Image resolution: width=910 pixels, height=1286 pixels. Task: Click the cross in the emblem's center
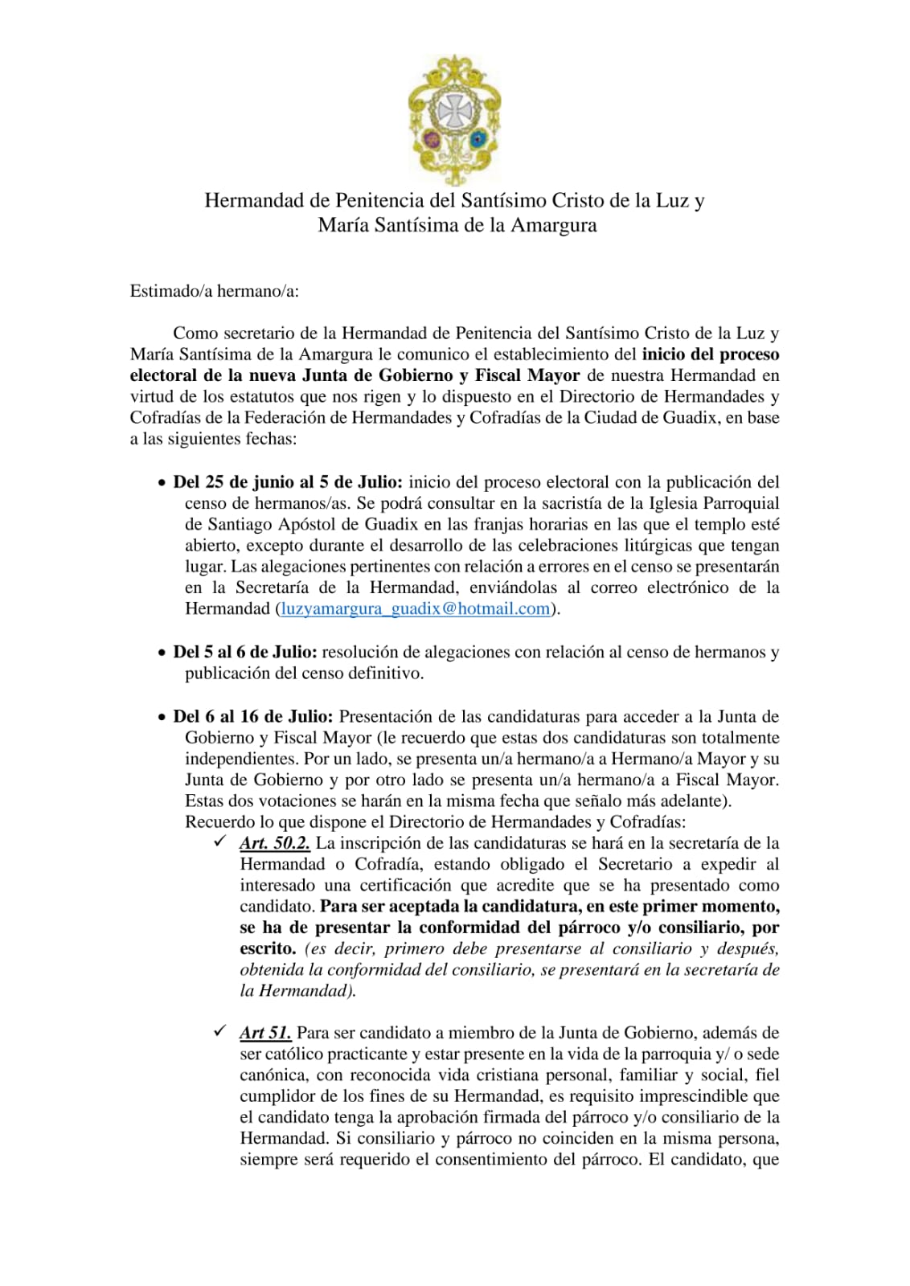[455, 109]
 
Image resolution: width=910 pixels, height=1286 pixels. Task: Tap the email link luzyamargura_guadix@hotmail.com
[415, 608]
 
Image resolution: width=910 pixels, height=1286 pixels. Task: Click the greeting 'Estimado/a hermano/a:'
[214, 291]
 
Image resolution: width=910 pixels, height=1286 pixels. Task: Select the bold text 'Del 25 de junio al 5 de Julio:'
[288, 482]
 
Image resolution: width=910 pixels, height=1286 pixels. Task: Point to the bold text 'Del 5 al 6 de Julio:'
[245, 652]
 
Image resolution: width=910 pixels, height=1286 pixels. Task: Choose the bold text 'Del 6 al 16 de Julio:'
[253, 716]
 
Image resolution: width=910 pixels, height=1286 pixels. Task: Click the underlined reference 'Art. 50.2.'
[275, 843]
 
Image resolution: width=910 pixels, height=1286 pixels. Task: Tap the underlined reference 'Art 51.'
[265, 1033]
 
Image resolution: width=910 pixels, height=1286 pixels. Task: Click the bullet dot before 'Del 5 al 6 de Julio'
[162, 653]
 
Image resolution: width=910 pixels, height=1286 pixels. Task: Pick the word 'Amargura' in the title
[554, 225]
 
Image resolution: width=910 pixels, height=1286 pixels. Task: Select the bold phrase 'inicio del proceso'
[711, 354]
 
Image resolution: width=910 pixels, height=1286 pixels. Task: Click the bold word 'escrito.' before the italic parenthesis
[268, 948]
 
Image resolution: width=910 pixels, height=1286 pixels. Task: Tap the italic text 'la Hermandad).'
[297, 990]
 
